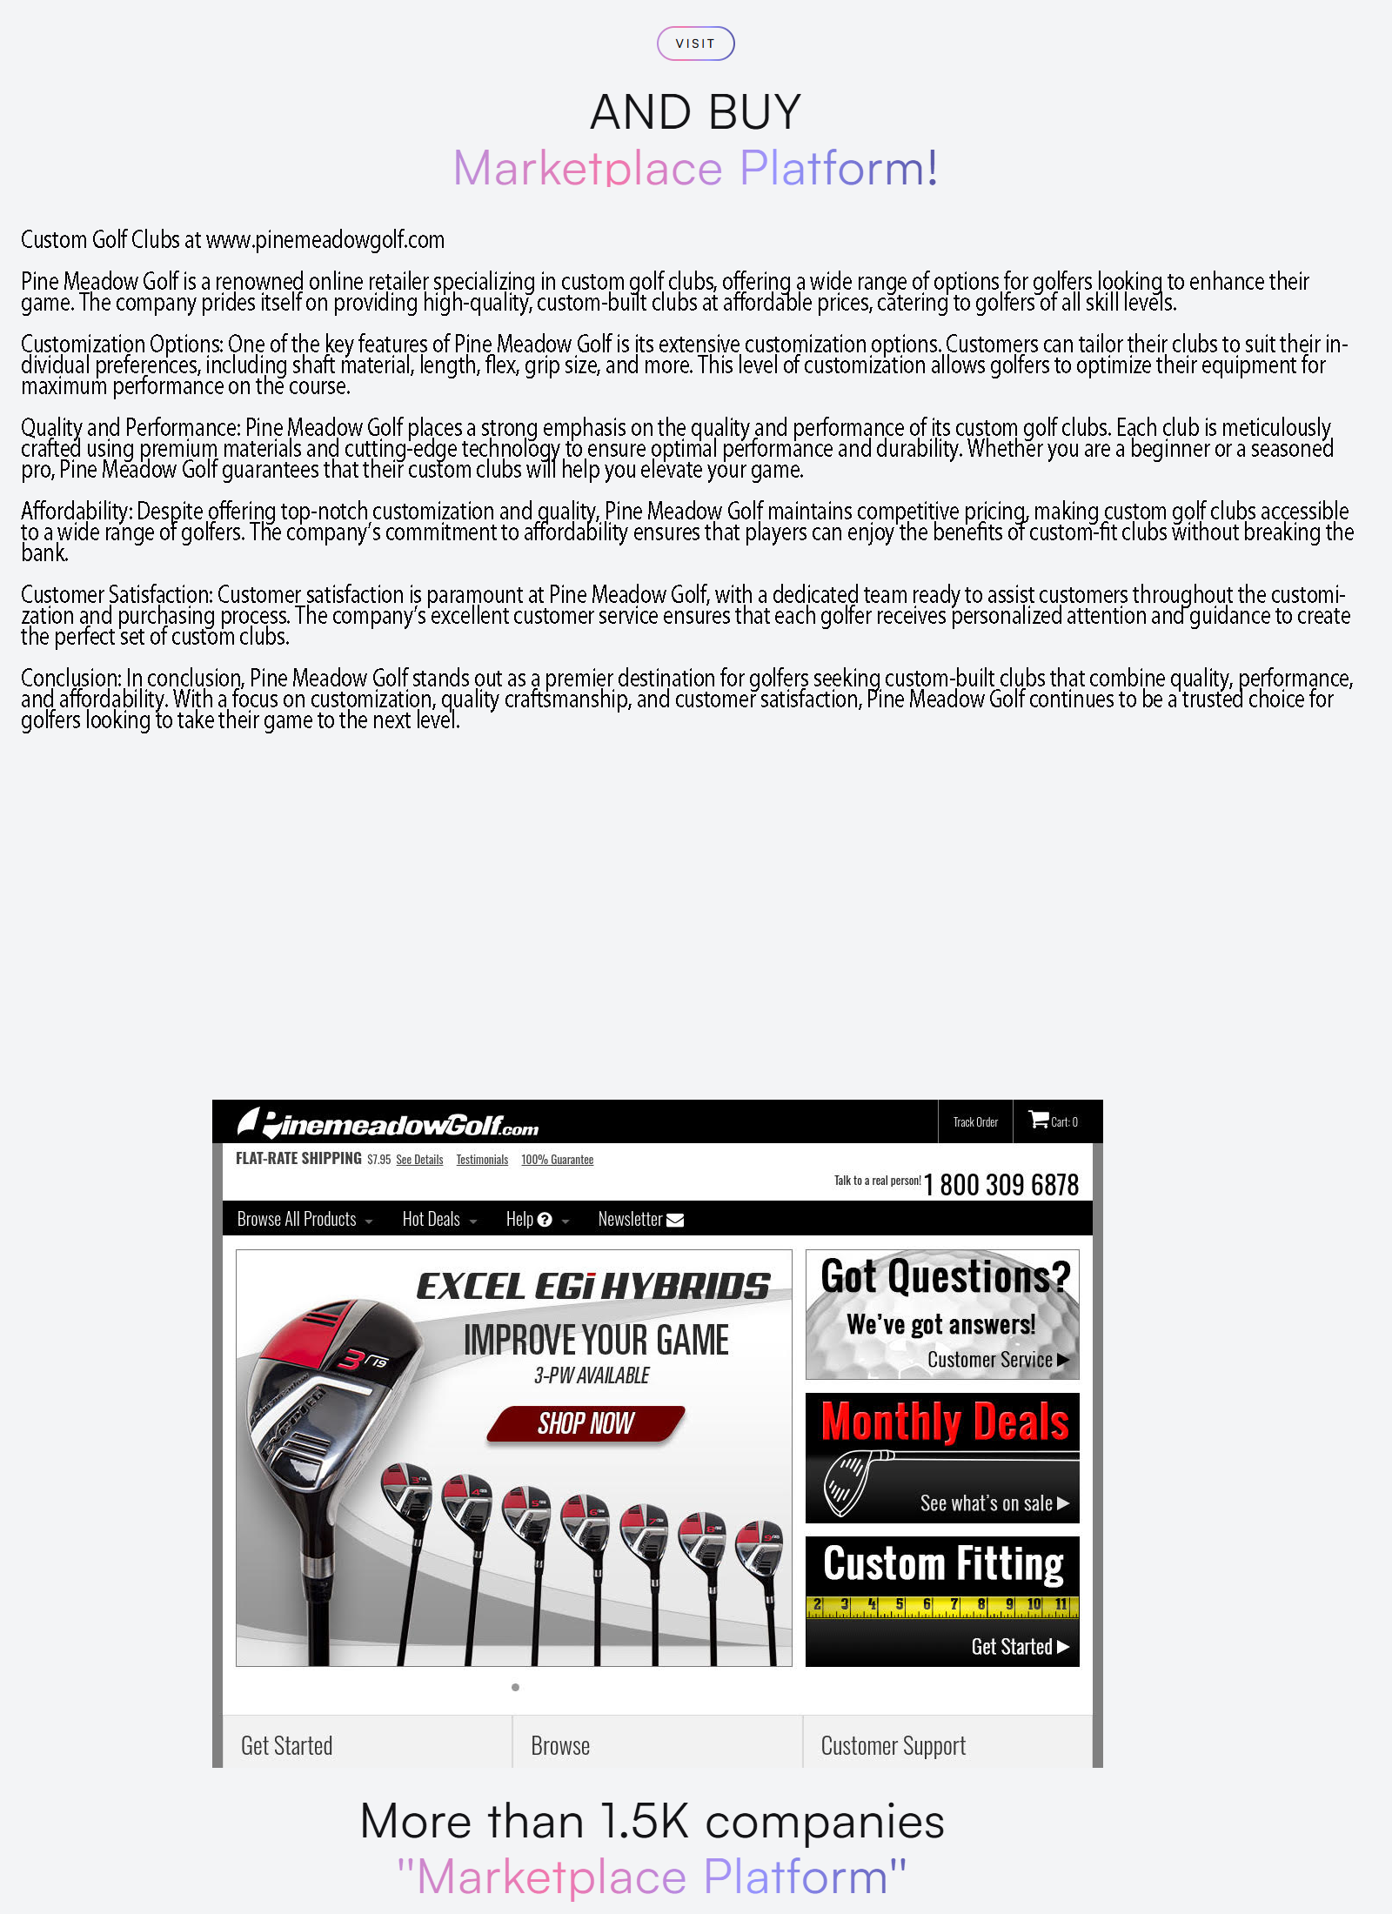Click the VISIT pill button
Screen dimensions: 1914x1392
[x=695, y=43]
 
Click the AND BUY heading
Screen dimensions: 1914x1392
[x=695, y=112]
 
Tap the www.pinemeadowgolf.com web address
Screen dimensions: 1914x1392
[x=325, y=240]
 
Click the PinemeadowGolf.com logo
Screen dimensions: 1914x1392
[x=388, y=1123]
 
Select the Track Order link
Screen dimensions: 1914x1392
[x=975, y=1122]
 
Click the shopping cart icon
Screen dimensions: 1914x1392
[x=1038, y=1120]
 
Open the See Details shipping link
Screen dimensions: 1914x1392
[x=419, y=1160]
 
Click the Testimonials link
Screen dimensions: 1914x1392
[x=482, y=1160]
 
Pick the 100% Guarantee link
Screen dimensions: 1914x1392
[x=557, y=1160]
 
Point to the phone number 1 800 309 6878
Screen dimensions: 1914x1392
[x=1000, y=1185]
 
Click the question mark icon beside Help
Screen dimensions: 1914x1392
[x=545, y=1220]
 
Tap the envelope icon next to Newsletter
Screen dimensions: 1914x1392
[x=675, y=1220]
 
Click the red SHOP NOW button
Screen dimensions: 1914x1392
[x=586, y=1423]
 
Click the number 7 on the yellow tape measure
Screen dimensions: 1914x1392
[x=954, y=1603]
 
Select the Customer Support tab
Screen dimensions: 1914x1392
[x=893, y=1746]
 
